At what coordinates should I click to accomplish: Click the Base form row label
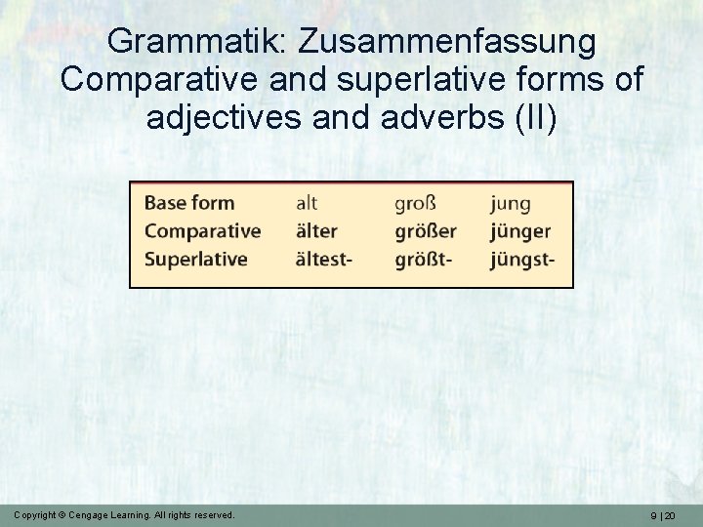[x=189, y=203]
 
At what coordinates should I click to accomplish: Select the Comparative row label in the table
[x=202, y=231]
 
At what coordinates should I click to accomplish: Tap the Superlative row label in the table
[x=196, y=260]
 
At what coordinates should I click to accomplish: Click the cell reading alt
[x=307, y=203]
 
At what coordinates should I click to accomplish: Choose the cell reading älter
[x=316, y=231]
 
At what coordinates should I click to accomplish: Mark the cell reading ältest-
[x=323, y=260]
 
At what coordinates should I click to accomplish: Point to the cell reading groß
[x=415, y=204]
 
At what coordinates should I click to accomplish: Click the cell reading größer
[x=426, y=232]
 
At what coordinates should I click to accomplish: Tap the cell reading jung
[x=511, y=204]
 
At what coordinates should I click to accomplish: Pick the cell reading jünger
[x=520, y=232]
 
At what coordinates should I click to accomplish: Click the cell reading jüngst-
[x=522, y=261]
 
